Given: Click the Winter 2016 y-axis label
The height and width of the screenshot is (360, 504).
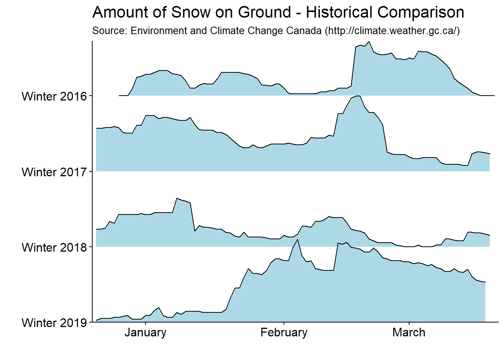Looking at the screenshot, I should [54, 96].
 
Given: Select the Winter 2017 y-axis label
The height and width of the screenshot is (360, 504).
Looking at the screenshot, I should [54, 172].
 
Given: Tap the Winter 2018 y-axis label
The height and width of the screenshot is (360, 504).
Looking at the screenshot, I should [54, 247].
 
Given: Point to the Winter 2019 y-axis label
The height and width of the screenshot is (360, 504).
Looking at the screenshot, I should [54, 323].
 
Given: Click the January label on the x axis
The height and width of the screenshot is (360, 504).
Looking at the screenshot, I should [145, 333].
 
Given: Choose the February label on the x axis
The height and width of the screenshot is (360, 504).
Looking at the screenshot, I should [284, 333].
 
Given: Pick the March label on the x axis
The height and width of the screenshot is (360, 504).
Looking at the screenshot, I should [409, 333].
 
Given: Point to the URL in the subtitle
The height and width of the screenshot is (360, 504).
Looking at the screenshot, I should [392, 31].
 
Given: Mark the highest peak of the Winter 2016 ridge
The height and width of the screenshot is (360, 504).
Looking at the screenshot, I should [369, 42].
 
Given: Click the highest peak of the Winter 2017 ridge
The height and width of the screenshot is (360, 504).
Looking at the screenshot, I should [357, 96].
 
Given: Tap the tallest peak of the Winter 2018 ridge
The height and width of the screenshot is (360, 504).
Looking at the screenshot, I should [177, 198].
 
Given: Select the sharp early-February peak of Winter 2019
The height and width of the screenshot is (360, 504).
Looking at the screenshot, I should [297, 240].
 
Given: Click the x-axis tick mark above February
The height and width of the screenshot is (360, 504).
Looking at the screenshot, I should [284, 324].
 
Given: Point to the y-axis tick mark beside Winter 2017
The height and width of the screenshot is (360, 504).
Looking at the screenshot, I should [90, 172].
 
